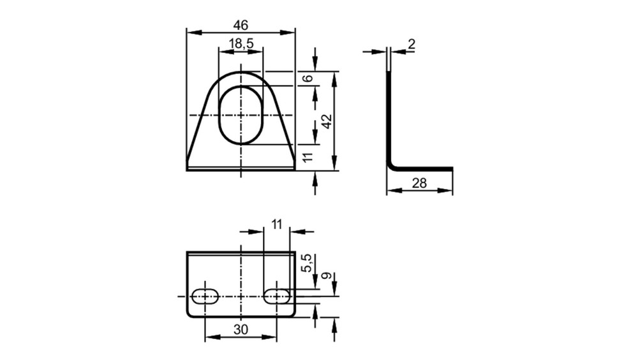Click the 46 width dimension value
[241, 26]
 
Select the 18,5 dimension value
[241, 43]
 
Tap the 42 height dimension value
[327, 121]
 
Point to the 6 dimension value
[309, 78]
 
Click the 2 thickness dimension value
[412, 44]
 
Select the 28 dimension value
[419, 183]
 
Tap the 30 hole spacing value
[241, 329]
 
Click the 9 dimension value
[326, 276]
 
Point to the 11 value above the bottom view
[277, 225]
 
